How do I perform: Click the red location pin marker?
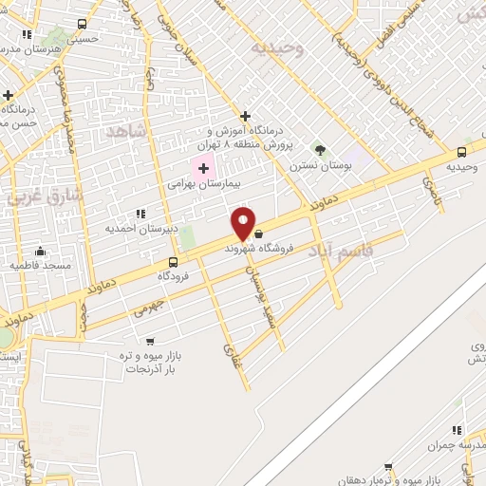pos(244,223)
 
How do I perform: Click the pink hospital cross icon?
pos(203,168)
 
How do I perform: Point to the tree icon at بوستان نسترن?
pos(320,149)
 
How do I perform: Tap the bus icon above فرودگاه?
pos(173,262)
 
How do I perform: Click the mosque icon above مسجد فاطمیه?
pos(40,252)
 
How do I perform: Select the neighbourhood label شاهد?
pos(129,130)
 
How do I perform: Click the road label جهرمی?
pos(148,307)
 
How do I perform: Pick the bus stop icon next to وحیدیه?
pos(461,151)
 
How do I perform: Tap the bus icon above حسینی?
pos(82,24)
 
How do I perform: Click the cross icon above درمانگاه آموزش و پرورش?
pos(245,116)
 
